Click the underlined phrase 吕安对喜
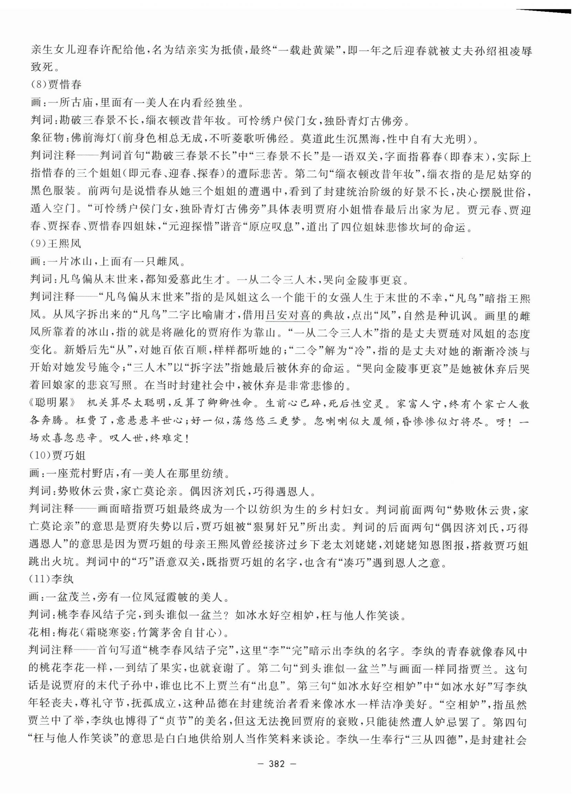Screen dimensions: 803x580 (288, 315)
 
